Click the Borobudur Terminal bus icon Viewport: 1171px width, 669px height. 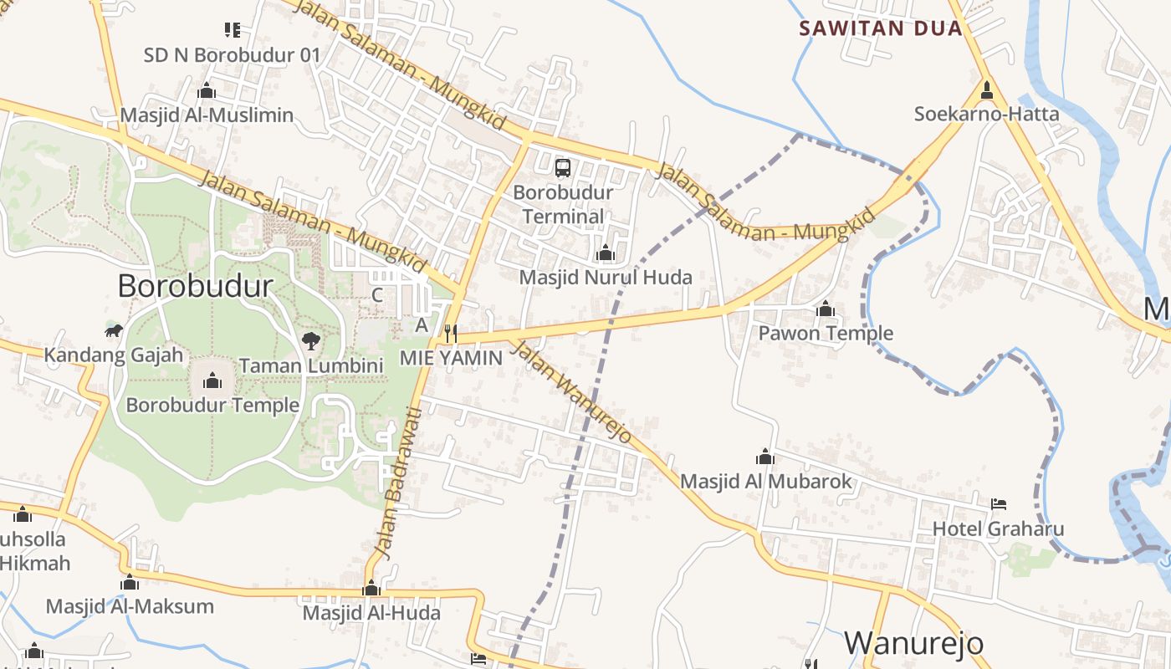563,168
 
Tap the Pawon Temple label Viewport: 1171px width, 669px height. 826,334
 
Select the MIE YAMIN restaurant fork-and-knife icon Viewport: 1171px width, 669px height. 450,334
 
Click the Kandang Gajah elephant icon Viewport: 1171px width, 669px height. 114,331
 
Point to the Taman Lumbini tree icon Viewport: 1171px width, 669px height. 311,340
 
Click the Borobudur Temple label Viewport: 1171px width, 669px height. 212,406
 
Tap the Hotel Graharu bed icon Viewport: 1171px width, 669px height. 998,504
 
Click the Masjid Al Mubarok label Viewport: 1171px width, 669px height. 765,482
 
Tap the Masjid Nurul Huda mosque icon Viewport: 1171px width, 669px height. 605,253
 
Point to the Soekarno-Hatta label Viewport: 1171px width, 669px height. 986,114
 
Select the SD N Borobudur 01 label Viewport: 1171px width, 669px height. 233,55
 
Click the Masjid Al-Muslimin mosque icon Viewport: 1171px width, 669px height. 207,91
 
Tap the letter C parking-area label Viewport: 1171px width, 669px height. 377,295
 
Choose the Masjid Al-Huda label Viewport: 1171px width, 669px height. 371,613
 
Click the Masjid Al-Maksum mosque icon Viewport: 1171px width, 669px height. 130,583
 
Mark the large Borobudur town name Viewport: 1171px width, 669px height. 195,286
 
